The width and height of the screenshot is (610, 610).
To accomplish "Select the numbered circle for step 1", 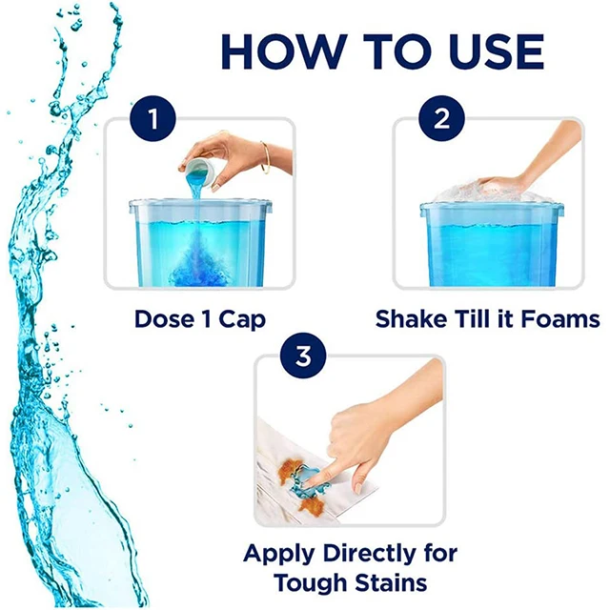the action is [x=152, y=118].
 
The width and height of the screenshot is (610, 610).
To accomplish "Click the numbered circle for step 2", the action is [x=441, y=118].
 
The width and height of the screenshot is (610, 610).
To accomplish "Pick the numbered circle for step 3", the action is [x=303, y=356].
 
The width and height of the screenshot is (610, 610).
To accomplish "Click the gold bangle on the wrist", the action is [x=265, y=156].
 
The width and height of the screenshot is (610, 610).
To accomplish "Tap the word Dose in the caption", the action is [x=164, y=319].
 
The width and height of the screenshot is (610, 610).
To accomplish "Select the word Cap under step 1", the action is [x=242, y=320].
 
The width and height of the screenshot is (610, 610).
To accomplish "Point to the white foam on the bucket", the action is [x=491, y=192].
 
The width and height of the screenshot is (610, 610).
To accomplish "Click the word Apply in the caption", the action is [x=279, y=554].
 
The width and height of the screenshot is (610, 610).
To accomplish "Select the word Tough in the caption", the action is [x=310, y=583].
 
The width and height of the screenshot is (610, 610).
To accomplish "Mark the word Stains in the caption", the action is [x=391, y=582].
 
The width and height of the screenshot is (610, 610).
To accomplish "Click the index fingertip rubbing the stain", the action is [x=310, y=480].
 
